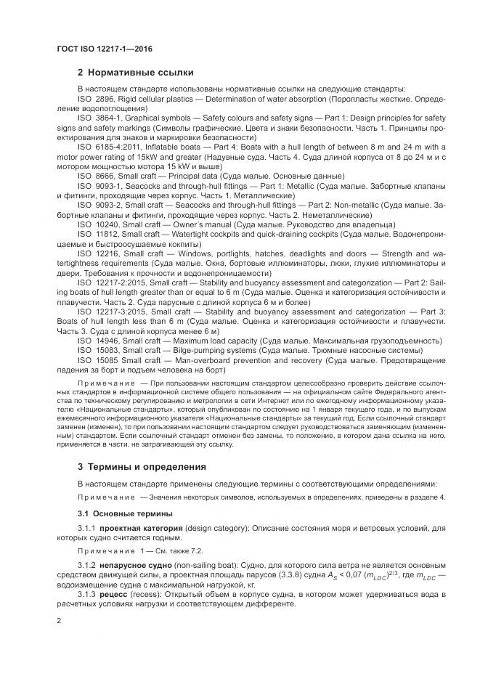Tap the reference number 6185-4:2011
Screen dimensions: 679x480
118,147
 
